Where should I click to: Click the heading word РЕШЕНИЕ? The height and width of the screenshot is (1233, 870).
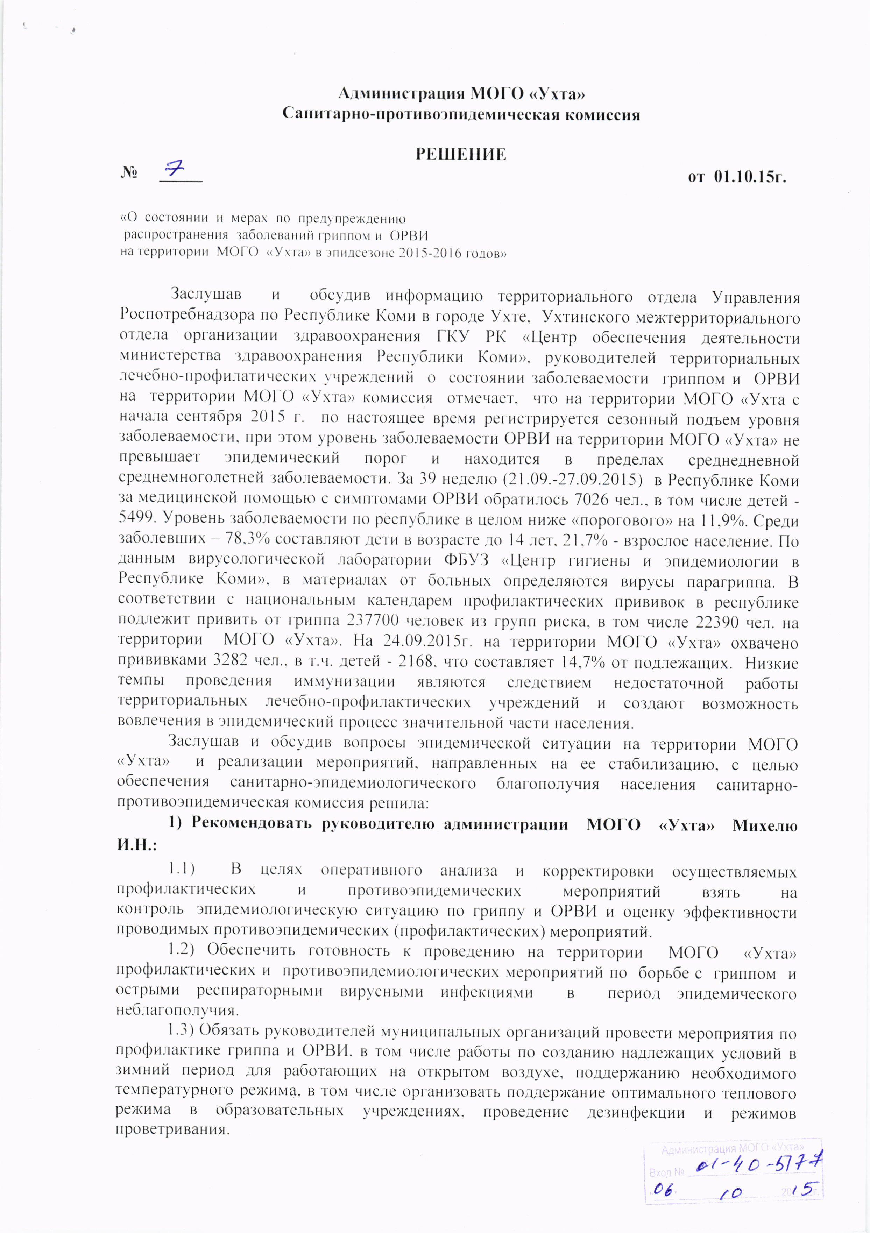tap(461, 155)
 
